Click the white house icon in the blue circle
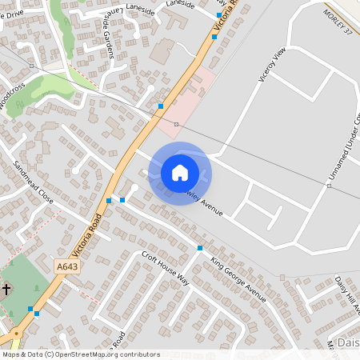click(x=180, y=173)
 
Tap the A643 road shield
click(x=67, y=265)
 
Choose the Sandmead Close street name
click(x=33, y=182)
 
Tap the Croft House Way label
click(x=165, y=268)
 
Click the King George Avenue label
click(x=238, y=279)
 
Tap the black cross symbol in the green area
click(x=6, y=289)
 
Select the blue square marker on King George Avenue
click(x=200, y=248)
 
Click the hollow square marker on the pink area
click(x=176, y=125)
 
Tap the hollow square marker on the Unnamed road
click(x=329, y=186)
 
